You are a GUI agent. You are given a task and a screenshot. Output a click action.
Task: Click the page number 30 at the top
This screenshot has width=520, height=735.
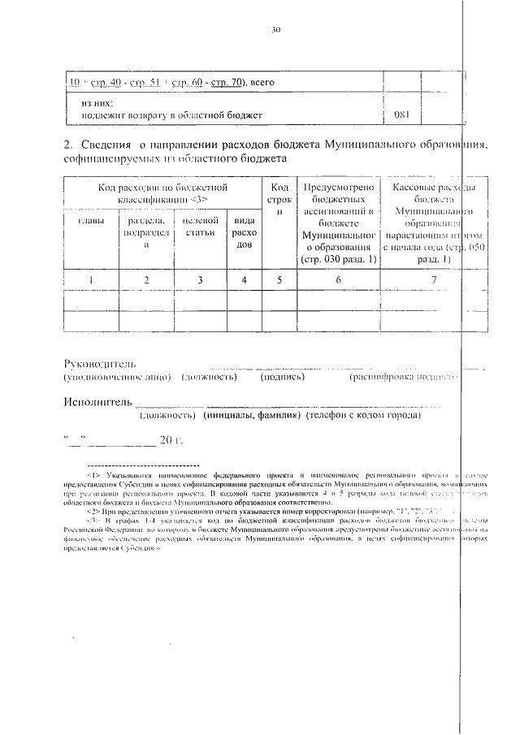275,30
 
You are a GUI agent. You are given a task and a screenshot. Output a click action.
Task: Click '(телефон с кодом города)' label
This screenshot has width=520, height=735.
362,416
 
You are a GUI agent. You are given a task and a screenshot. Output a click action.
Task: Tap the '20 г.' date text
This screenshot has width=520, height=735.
173,440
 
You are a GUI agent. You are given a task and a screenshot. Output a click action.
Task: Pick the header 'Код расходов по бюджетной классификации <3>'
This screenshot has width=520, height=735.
162,192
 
